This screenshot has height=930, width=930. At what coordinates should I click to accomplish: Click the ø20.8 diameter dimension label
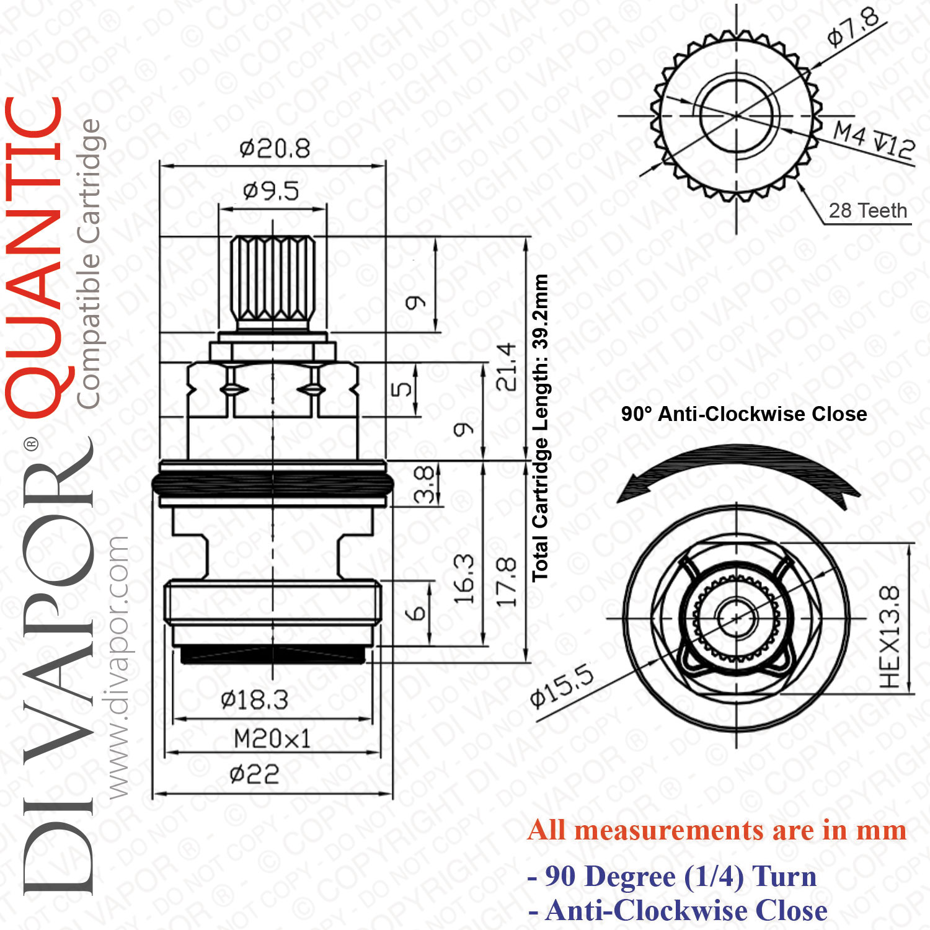tap(275, 149)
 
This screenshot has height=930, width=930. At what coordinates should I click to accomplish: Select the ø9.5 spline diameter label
tap(271, 191)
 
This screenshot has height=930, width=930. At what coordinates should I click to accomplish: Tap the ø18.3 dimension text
tap(254, 701)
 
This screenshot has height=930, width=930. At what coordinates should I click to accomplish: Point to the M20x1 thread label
tap(272, 739)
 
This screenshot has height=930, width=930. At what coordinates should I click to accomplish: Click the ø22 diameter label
tap(254, 774)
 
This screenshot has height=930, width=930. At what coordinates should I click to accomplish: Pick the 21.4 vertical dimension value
tap(506, 366)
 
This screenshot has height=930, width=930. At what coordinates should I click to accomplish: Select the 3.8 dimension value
tap(423, 484)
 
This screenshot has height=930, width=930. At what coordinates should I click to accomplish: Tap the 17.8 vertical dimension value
tap(506, 582)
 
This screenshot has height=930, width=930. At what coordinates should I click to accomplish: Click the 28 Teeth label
tap(868, 211)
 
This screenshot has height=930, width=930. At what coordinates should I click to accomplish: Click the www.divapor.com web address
tap(117, 666)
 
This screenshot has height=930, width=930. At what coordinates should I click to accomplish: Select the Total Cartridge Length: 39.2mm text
tap(540, 428)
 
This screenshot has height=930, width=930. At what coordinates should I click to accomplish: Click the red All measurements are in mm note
tap(717, 830)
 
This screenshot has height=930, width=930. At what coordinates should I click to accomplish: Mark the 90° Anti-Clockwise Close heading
tap(744, 414)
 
